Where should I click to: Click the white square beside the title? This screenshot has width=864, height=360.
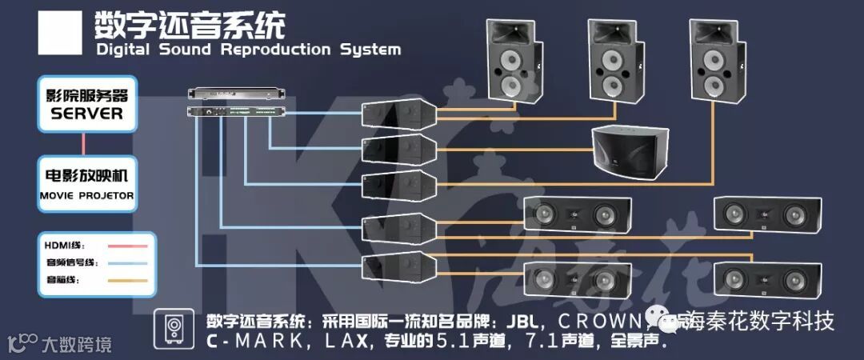point(59,33)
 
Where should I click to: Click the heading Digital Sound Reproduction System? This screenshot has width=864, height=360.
point(248,50)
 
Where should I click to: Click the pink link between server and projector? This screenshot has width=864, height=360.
point(84,144)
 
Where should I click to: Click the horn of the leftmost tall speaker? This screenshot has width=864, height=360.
point(512,34)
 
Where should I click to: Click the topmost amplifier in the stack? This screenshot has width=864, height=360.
point(398,114)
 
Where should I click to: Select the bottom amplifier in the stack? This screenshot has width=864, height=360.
point(398,266)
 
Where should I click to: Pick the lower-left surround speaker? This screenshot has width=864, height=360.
point(571,279)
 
